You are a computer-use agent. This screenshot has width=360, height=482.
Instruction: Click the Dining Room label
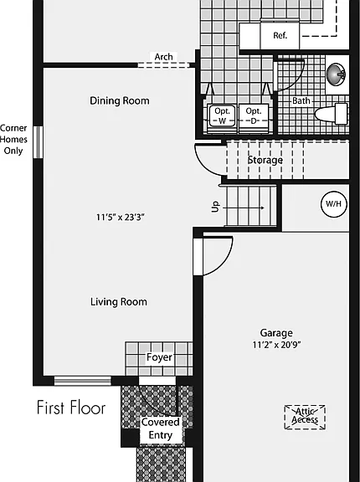coord(120,100)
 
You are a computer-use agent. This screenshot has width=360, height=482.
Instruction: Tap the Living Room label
coord(119,302)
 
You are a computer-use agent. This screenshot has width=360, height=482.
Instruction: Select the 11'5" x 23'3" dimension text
coord(121,218)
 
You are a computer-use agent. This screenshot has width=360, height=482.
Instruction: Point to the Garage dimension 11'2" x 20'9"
coord(276,345)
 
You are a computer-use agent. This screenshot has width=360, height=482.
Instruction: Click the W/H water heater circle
coord(334,204)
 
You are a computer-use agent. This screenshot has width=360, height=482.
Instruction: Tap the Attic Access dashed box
coord(305,417)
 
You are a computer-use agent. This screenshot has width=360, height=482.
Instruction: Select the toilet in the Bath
coord(332,114)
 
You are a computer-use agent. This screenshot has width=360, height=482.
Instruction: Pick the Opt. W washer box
coord(222,115)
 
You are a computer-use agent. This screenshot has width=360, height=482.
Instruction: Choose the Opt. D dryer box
coord(254,115)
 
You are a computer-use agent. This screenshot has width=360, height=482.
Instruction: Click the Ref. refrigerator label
coord(280,36)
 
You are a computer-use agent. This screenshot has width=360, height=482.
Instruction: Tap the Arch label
coord(163,57)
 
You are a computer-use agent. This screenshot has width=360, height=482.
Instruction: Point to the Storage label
coord(265,160)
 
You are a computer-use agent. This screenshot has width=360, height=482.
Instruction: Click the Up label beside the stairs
coord(216,207)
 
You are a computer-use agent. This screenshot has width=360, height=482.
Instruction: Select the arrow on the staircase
coord(243,208)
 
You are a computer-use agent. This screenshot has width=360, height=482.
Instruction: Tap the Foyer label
coord(159,357)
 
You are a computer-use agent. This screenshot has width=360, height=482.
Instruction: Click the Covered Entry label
coord(161,428)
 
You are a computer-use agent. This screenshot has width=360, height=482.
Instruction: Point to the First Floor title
coord(71,408)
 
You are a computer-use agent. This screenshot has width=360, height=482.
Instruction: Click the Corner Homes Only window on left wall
coord(38,142)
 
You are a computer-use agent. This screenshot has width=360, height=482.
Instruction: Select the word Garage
coord(276,333)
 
